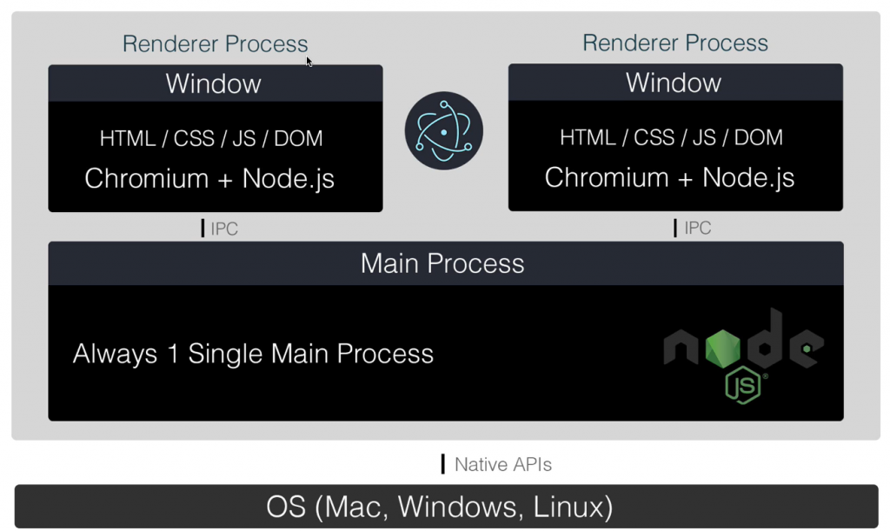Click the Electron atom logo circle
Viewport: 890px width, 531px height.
tap(443, 131)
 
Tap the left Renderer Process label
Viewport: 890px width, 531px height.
tap(215, 43)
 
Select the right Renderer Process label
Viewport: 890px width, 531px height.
tap(675, 43)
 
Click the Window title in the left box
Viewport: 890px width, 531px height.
tap(214, 83)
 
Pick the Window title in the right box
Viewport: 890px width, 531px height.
tap(674, 83)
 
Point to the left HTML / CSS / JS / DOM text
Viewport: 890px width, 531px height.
tap(211, 138)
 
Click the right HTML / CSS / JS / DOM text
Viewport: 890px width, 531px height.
tap(671, 137)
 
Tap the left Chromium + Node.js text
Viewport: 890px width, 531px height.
tap(209, 178)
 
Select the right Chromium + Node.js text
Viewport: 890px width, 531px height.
tap(669, 177)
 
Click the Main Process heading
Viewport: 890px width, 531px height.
tap(442, 263)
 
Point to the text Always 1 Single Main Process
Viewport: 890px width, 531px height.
tap(253, 354)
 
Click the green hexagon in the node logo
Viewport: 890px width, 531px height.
tap(722, 348)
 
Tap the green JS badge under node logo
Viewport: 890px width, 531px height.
tap(744, 386)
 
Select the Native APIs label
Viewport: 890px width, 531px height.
tap(503, 464)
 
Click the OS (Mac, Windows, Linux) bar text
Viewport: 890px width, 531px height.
tap(440, 506)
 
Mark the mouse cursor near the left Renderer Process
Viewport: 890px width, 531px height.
tap(309, 61)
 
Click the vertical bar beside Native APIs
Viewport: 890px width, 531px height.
tap(443, 464)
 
